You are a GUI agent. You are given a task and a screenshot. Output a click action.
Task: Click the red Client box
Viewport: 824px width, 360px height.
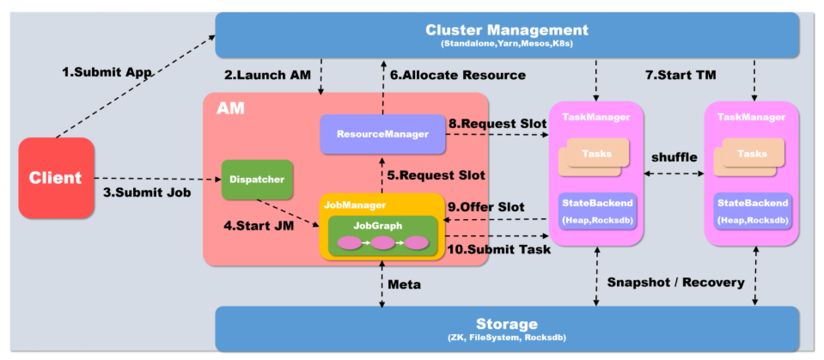coord(56,178)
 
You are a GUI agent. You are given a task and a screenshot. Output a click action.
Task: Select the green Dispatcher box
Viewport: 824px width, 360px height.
coord(258,180)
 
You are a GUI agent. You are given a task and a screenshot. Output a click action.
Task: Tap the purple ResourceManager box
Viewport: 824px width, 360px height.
coord(383,135)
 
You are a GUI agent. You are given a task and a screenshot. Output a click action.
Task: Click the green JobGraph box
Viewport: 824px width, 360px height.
coord(383,234)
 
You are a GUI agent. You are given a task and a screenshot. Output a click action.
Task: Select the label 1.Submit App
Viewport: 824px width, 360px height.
coord(107,73)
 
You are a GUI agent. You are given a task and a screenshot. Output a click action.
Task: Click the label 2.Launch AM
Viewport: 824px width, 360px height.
coord(268,76)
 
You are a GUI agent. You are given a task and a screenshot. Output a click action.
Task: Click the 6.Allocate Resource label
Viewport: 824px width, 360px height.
coord(456,76)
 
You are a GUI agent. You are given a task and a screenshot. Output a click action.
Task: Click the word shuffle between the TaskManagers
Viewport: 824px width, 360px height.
coord(674,157)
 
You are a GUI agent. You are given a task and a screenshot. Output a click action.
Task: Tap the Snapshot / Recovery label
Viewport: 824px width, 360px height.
coord(674,282)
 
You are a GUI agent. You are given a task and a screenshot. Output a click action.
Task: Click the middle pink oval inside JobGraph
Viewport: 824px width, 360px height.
coord(383,243)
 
